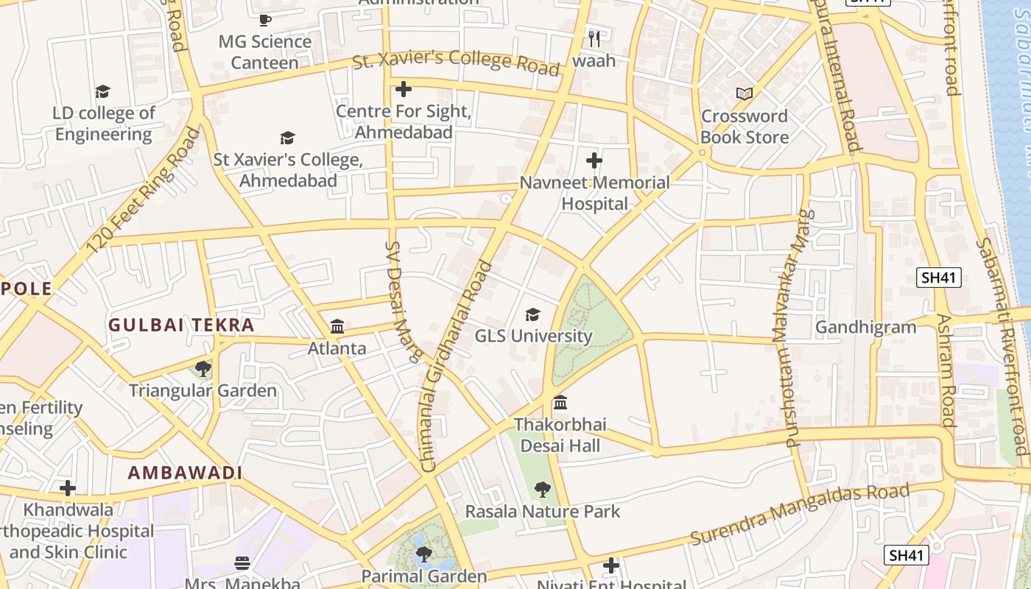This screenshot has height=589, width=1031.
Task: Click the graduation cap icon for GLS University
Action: (532, 315)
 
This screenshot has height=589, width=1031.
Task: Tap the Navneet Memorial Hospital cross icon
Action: (594, 161)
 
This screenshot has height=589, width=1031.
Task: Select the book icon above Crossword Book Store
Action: (745, 94)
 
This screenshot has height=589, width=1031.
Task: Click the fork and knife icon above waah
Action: (594, 38)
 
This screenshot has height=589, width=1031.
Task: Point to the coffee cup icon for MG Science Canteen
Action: (265, 20)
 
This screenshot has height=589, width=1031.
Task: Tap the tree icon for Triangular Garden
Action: (203, 369)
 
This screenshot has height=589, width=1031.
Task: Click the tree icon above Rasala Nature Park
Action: (543, 490)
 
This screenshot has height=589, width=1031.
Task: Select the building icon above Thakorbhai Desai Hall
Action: (560, 403)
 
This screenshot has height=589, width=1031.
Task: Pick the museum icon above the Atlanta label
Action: (337, 326)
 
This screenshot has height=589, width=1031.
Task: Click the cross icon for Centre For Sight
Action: (403, 90)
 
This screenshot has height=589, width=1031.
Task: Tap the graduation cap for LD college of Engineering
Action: (103, 91)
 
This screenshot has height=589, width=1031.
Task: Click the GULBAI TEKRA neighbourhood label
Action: (181, 325)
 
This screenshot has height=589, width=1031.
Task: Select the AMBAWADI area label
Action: (185, 473)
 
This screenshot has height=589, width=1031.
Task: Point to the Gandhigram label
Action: (865, 327)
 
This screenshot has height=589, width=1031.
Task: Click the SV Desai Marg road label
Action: (403, 302)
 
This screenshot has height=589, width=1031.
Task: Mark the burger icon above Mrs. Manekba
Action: (242, 563)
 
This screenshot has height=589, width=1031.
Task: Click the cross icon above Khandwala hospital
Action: (68, 488)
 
